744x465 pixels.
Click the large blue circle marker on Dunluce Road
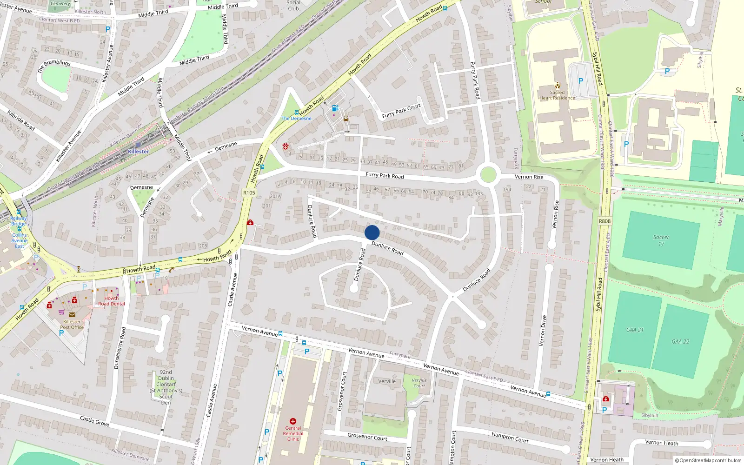pyautogui.click(x=372, y=232)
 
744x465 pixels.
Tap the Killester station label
pyautogui.click(x=139, y=152)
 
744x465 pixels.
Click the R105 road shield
pyautogui.click(x=249, y=193)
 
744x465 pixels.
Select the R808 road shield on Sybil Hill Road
pyautogui.click(x=604, y=221)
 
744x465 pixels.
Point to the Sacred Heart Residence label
pyautogui.click(x=557, y=95)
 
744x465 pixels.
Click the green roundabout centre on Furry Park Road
pyautogui.click(x=487, y=175)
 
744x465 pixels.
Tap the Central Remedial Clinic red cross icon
pyautogui.click(x=293, y=421)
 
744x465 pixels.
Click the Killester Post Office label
pyautogui.click(x=72, y=324)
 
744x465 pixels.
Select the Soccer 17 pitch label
pyautogui.click(x=661, y=240)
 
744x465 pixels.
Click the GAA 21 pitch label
pyautogui.click(x=635, y=330)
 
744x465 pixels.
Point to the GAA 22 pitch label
pyautogui.click(x=680, y=341)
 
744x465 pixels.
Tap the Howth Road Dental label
pyautogui.click(x=111, y=301)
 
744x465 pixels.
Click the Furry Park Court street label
pyautogui.click(x=401, y=111)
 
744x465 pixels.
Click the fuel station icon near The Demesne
pyautogui.click(x=335, y=108)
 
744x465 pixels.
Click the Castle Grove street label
pyautogui.click(x=94, y=421)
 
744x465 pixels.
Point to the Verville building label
pyautogui.click(x=387, y=381)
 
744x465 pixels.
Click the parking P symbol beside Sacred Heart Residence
pyautogui.click(x=580, y=81)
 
